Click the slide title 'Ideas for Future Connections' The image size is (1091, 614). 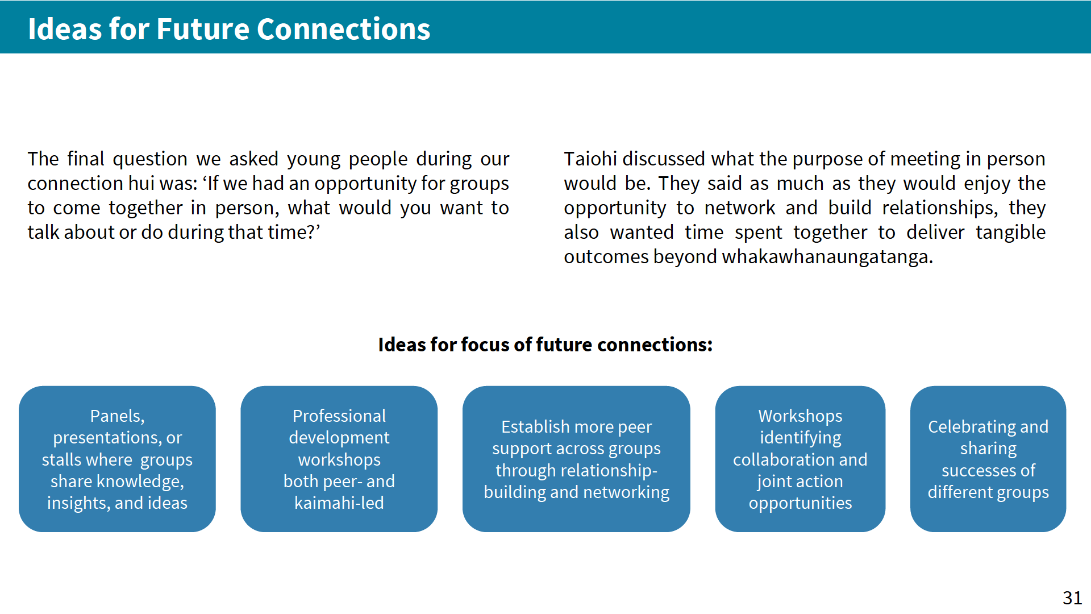pos(229,29)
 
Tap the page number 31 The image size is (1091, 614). pos(1072,598)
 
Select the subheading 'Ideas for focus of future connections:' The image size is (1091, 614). pos(545,345)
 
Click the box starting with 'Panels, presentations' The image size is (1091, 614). pos(117,459)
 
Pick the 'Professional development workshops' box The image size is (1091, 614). pos(339,459)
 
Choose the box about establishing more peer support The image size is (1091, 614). pos(576,459)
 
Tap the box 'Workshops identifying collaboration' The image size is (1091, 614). pos(800,459)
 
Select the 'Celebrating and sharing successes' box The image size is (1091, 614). pos(988,459)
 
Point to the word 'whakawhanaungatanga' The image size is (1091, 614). pos(827,257)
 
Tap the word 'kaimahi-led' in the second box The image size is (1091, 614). pos(339,503)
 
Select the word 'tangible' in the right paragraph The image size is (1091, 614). pos(1011,233)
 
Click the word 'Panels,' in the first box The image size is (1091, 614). pos(117,416)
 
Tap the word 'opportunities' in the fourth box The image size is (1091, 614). pos(800,504)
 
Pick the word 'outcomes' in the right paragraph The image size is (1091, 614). pos(606,257)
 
